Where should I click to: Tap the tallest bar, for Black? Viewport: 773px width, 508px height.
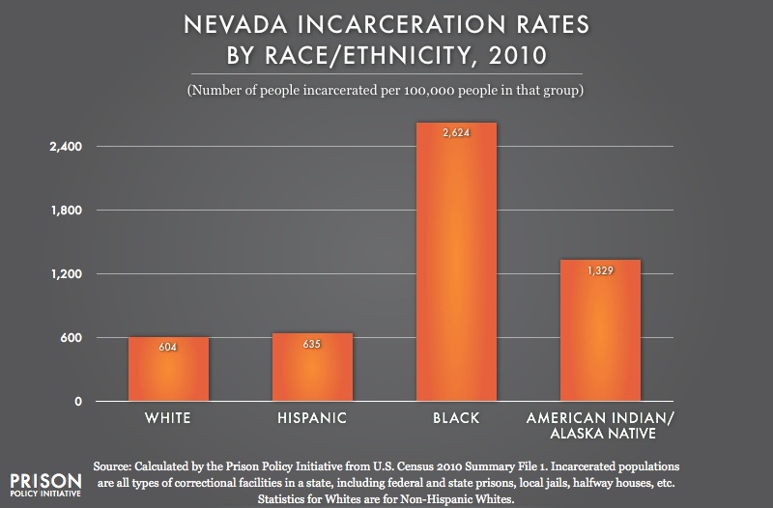[x=456, y=262]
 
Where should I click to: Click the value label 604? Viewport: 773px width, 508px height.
[x=168, y=347]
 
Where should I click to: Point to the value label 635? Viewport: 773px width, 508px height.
[x=312, y=344]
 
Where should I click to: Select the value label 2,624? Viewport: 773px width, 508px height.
[x=456, y=133]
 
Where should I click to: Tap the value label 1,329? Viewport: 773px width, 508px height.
[x=600, y=271]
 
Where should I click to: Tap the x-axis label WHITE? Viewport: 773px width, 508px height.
[x=168, y=419]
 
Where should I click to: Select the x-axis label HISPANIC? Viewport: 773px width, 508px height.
[x=312, y=419]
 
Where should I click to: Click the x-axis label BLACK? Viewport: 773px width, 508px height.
[x=456, y=419]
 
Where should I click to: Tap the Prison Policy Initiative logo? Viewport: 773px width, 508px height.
[x=44, y=484]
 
